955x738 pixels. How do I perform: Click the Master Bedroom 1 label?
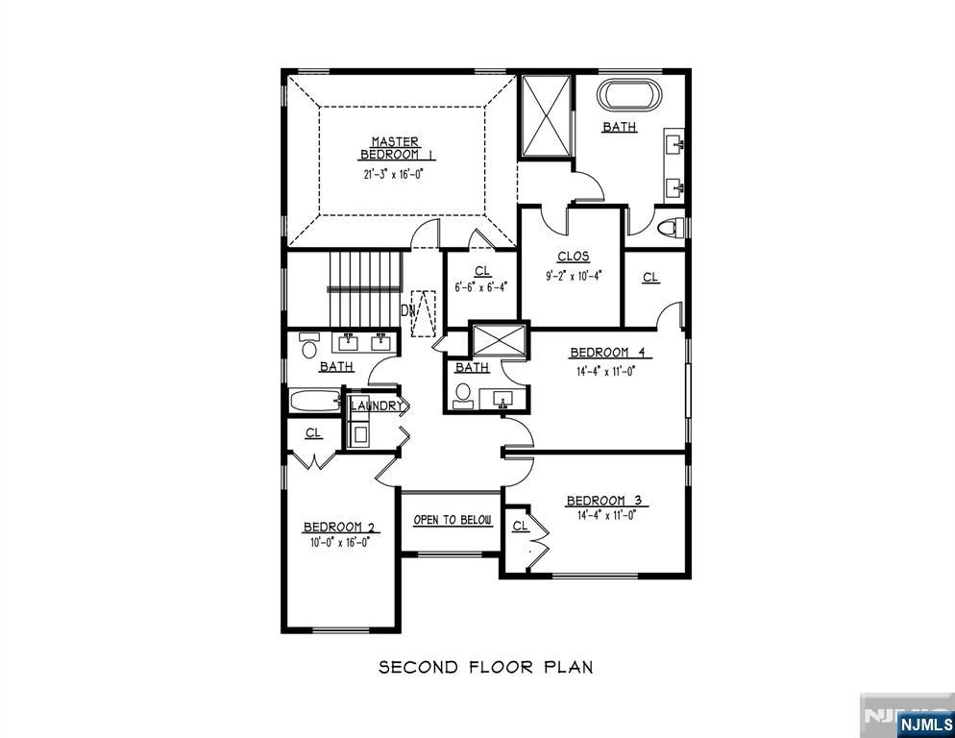coord(396,148)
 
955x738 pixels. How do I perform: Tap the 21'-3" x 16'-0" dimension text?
coord(394,174)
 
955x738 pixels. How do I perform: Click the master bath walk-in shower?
coord(547,115)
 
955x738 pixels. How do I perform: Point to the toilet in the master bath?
coord(673,227)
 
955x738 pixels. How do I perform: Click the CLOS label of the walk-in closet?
coord(574,257)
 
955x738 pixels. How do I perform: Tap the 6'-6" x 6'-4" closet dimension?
coord(481,286)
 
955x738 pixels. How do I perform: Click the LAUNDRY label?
coord(377,406)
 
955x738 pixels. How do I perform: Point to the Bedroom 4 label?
coord(611,353)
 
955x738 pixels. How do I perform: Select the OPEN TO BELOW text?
coord(453,520)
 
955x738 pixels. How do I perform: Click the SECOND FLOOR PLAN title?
coord(486,667)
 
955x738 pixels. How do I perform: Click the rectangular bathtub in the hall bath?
coord(315,402)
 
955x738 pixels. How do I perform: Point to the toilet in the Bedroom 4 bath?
coord(463,395)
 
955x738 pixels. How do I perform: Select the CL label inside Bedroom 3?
coord(520,526)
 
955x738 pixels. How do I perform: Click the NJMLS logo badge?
coord(926,725)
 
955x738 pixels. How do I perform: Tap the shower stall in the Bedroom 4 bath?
coord(499,340)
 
